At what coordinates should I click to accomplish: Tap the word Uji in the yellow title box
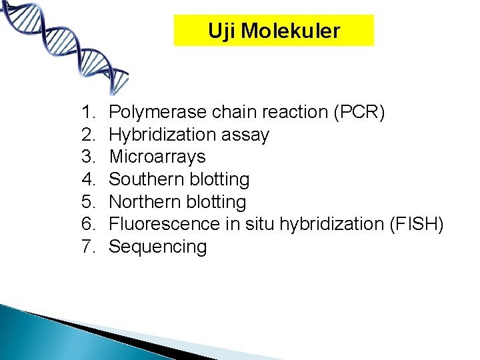(x=221, y=31)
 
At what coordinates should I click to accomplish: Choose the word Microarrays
(x=157, y=157)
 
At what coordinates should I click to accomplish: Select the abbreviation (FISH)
(x=415, y=224)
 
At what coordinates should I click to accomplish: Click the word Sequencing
(x=158, y=247)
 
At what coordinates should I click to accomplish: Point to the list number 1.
(x=88, y=112)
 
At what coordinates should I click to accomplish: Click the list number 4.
(x=88, y=179)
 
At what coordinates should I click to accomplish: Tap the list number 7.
(x=88, y=247)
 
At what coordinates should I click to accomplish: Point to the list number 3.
(x=88, y=157)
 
